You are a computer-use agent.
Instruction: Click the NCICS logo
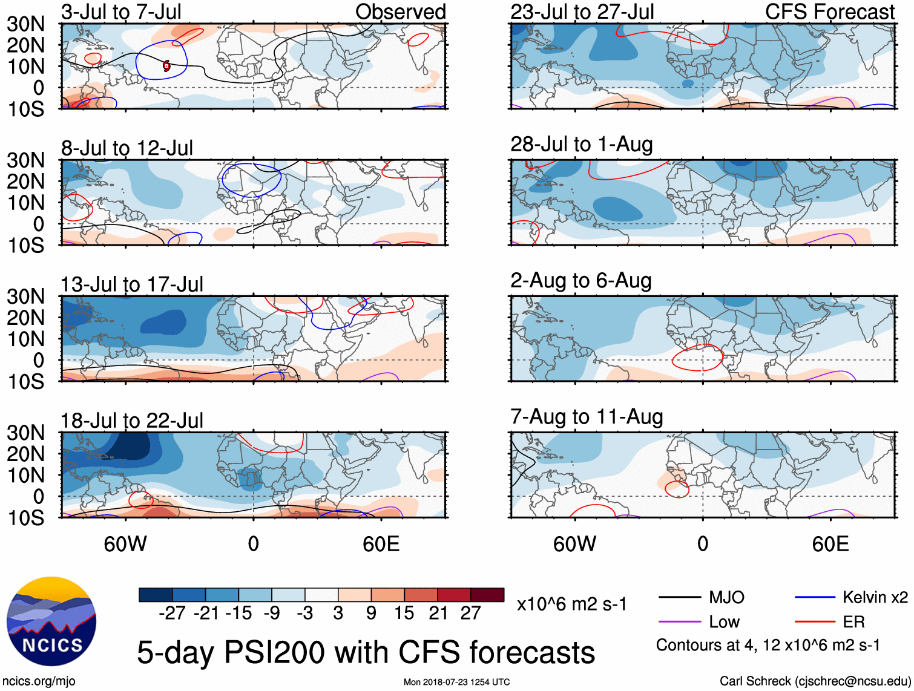(51, 621)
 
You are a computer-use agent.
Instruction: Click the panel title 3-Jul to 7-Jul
(121, 11)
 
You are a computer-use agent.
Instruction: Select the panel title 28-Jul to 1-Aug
(581, 145)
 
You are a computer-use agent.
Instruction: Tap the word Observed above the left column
(400, 11)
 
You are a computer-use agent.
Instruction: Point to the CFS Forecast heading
(829, 11)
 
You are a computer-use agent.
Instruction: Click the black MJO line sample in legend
(679, 598)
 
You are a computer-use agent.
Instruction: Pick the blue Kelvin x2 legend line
(815, 598)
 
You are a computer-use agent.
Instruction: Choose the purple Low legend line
(679, 621)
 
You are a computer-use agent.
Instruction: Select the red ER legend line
(815, 621)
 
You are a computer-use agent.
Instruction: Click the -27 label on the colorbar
(172, 613)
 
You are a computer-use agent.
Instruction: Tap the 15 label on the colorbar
(404, 613)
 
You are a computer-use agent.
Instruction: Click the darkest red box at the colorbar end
(487, 595)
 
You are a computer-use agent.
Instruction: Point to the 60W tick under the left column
(125, 544)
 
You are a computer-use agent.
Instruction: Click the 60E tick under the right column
(830, 544)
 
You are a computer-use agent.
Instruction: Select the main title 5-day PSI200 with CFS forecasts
(366, 652)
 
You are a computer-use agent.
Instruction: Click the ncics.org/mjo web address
(39, 681)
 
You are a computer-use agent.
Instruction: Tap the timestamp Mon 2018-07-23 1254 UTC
(456, 682)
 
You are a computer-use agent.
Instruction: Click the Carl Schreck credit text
(815, 681)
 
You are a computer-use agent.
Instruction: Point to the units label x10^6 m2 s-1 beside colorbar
(571, 604)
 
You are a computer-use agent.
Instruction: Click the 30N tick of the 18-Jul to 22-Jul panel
(25, 433)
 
